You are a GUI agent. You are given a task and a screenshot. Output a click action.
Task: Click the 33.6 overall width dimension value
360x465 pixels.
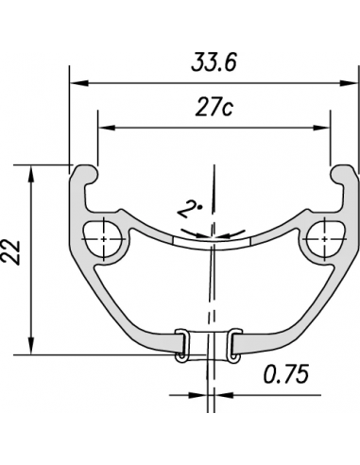[214, 64]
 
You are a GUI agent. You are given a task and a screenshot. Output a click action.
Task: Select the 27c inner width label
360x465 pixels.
[214, 109]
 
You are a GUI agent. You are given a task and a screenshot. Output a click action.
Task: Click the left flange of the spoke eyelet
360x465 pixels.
[182, 343]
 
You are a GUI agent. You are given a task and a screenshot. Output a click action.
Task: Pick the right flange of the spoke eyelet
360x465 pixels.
[231, 343]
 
